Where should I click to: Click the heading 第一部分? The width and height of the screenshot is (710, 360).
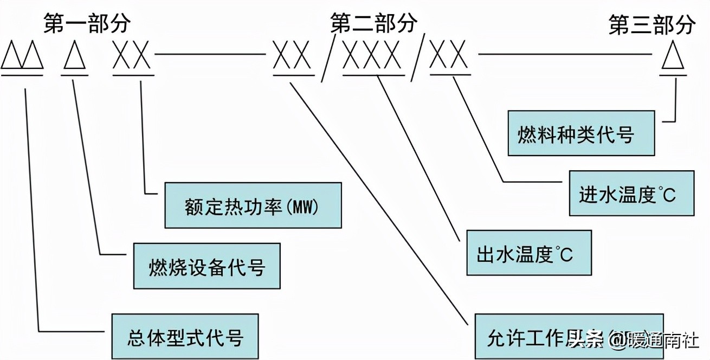(x=87, y=24)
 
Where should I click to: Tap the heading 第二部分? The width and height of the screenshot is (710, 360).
(x=374, y=23)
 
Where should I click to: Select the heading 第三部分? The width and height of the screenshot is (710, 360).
(x=652, y=25)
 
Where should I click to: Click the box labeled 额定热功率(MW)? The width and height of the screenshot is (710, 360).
(x=253, y=205)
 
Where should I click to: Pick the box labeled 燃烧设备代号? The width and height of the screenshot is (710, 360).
(x=207, y=266)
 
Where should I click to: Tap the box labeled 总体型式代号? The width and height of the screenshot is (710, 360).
(x=185, y=336)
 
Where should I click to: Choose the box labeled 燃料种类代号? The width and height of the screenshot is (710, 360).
(x=581, y=133)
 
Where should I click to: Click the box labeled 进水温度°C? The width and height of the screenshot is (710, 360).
(x=631, y=193)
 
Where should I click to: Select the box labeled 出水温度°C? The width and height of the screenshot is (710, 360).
(x=528, y=253)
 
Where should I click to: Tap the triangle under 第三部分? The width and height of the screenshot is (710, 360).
(x=673, y=56)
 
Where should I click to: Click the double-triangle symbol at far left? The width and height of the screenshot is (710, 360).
(x=22, y=56)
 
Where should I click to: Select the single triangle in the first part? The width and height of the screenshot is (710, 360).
(x=75, y=56)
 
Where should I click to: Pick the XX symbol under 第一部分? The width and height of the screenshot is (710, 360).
(x=133, y=56)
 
